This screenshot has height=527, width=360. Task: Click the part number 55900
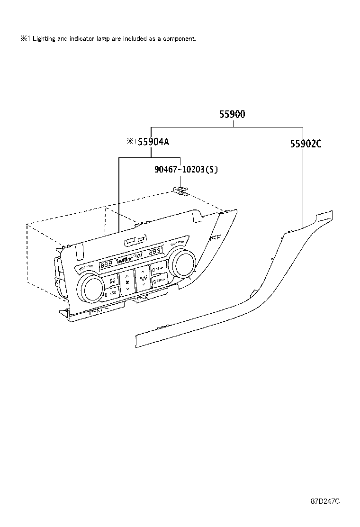click(x=232, y=114)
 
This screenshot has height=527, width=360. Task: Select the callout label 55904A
click(x=153, y=142)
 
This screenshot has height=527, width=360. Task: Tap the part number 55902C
click(x=306, y=144)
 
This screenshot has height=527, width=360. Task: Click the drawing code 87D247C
click(x=325, y=501)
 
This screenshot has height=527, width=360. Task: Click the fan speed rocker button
click(x=127, y=283)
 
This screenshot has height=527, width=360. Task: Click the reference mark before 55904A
click(x=131, y=142)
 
